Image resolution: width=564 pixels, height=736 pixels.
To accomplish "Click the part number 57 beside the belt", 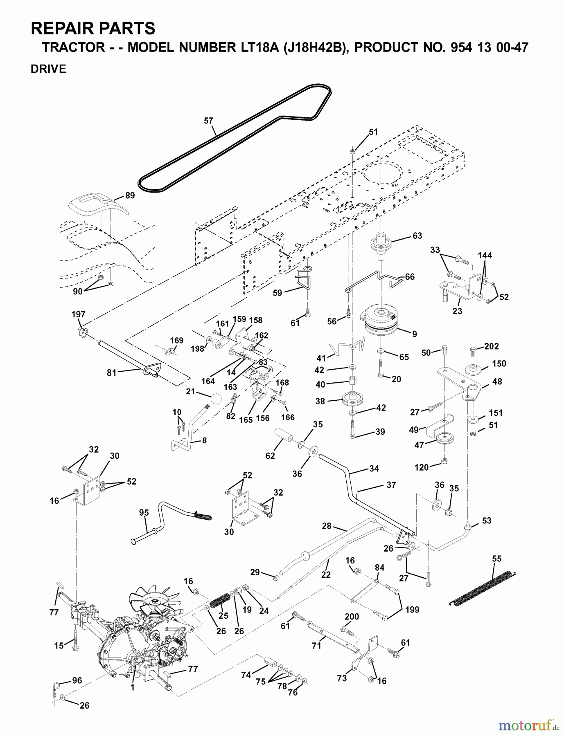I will click(208, 121).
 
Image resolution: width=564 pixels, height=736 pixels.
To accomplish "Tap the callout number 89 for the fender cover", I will click(130, 196).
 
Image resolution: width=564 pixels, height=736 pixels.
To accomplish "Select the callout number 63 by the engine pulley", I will click(417, 236).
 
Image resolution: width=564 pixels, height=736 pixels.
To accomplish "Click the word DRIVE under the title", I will click(48, 69).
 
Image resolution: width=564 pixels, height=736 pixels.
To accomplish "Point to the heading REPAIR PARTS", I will click(93, 29).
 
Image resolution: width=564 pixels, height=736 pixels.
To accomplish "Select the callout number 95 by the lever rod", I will click(144, 513).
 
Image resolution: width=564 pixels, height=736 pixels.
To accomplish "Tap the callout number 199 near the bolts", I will click(412, 610).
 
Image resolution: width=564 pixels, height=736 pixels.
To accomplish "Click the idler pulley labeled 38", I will click(352, 399).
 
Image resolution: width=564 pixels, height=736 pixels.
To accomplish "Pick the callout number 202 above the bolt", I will click(491, 346).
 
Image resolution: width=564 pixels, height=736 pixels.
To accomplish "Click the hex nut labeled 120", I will click(445, 462).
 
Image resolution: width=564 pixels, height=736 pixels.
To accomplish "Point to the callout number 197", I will click(78, 314).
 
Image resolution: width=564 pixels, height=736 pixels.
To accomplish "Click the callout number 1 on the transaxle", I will click(132, 688).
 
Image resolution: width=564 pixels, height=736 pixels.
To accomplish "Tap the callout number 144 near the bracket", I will click(485, 256).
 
